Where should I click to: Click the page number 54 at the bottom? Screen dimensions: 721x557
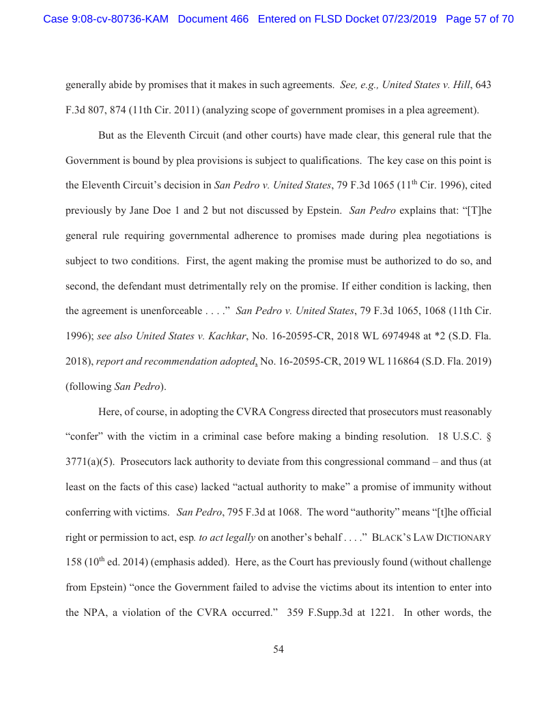pyautogui.click(x=278, y=649)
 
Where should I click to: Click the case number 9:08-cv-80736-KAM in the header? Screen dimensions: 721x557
pyautogui.click(x=106, y=19)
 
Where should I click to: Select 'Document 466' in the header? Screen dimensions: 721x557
pyautogui.click(x=213, y=19)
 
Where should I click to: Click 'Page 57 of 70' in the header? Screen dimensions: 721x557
pyautogui.click(x=479, y=19)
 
